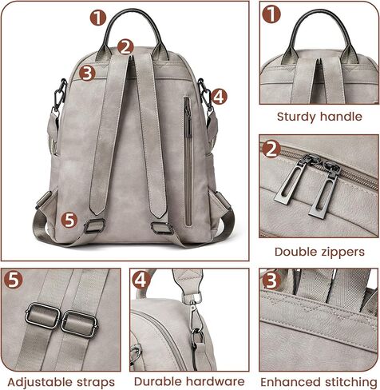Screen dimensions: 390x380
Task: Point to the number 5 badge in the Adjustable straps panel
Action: tap(14, 281)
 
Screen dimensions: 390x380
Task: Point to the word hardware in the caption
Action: tap(215, 382)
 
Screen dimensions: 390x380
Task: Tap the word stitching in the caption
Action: tap(347, 382)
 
